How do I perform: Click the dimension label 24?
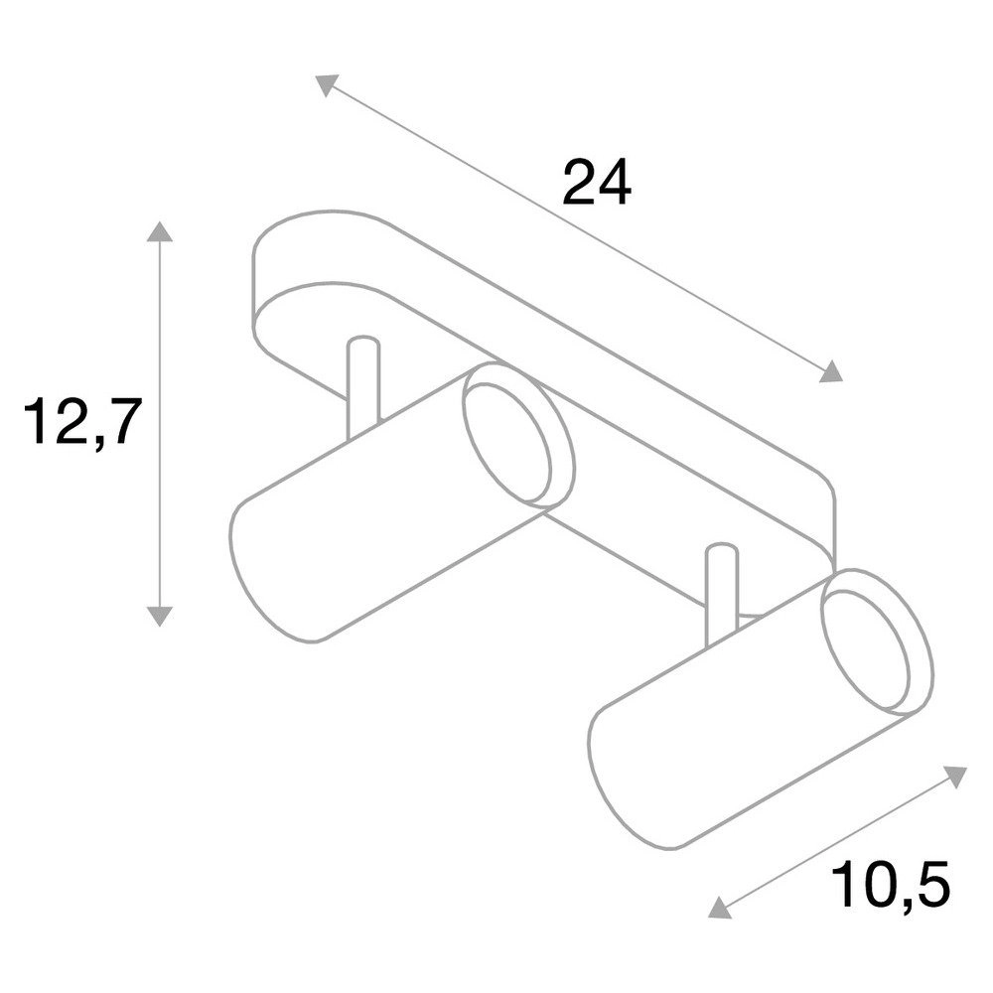point(597,183)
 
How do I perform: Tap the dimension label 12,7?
point(79,423)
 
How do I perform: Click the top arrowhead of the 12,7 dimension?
point(159,231)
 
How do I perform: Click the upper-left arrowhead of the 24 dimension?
point(326,85)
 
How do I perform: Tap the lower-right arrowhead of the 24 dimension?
point(832,371)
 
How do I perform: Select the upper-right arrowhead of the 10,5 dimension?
point(955,777)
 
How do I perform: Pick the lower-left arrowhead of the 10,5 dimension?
point(719,907)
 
